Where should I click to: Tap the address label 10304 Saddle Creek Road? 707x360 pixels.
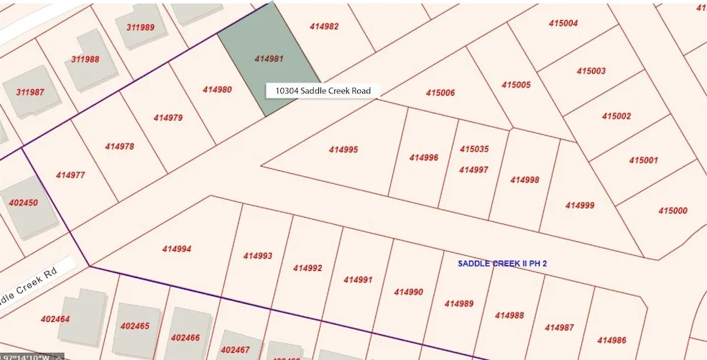point(323,91)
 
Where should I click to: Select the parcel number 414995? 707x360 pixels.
point(343,150)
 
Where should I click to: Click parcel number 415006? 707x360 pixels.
point(440,93)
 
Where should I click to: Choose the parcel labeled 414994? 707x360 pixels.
point(177,249)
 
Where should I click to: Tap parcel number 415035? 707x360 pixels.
point(474,149)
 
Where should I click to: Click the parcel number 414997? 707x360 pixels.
point(473,170)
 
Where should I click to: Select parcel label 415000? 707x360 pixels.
point(673,211)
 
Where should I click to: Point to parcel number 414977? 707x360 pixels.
point(70,175)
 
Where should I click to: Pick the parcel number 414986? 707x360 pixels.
point(611,340)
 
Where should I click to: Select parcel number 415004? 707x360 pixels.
point(563,23)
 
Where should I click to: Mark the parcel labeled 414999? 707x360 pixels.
point(580,206)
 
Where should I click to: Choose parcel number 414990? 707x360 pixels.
point(409,292)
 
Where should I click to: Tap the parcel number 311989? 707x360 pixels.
point(140,27)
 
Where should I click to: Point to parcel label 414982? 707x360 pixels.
point(325,26)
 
